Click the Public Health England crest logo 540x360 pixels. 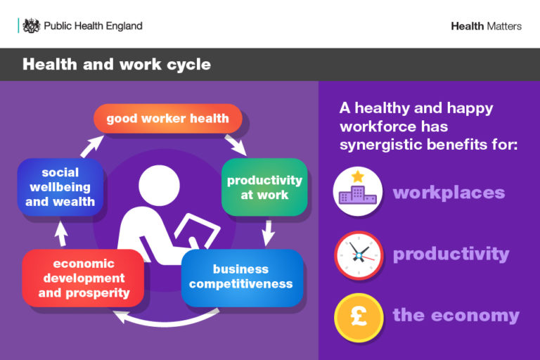(31, 26)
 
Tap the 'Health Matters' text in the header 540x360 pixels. (486, 26)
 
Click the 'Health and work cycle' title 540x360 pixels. (116, 65)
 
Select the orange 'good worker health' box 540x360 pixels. (167, 119)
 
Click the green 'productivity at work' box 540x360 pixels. (264, 187)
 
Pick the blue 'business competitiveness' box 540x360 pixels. (241, 277)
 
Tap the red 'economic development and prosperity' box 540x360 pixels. (84, 278)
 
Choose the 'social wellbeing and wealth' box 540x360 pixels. (60, 187)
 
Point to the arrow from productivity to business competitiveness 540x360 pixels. (267, 231)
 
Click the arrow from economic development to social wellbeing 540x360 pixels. (61, 233)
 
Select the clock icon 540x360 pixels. (358, 255)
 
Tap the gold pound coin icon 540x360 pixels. (358, 316)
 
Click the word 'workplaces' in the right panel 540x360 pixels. (449, 193)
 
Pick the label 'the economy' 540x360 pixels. (456, 315)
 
